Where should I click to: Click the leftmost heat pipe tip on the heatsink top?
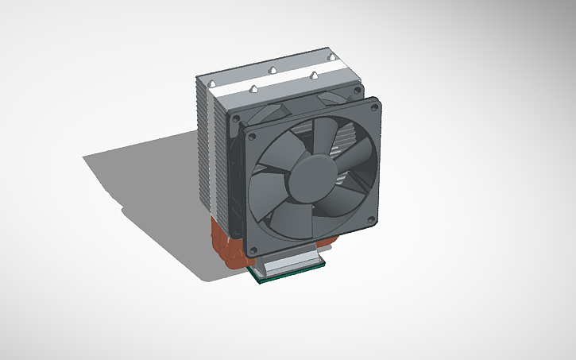212,82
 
